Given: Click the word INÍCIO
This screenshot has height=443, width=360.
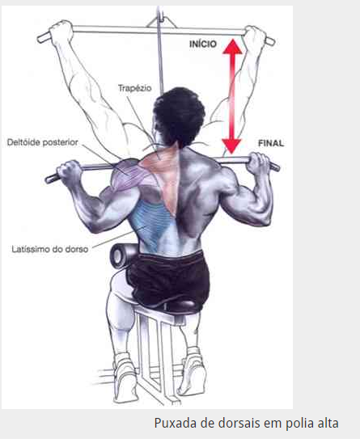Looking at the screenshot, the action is (203, 44).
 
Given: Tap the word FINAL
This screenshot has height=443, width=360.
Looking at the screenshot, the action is (271, 143).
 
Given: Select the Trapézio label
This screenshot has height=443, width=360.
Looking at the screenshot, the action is (134, 88).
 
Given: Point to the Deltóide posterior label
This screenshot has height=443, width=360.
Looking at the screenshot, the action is (42, 142).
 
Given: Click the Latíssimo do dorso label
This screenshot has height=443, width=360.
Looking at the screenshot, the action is (50, 249).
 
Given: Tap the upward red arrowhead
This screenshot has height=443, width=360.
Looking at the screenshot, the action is (232, 46).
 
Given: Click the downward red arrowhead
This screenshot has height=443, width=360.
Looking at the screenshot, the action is (231, 146).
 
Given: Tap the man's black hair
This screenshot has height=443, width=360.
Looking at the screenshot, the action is (179, 116).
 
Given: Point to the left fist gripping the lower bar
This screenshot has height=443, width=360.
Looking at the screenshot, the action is (69, 173).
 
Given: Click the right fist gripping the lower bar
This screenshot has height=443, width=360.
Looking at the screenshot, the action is (259, 164).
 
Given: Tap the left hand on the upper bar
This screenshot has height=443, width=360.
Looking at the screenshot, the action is (61, 31).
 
